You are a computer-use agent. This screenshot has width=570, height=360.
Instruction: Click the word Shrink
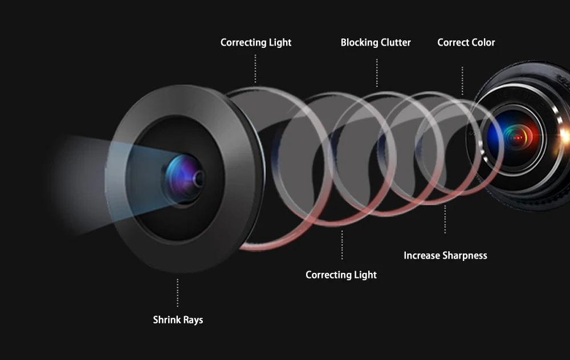[167, 320]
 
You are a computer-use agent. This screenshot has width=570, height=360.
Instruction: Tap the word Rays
[193, 320]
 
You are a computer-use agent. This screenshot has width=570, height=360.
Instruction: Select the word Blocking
[359, 43]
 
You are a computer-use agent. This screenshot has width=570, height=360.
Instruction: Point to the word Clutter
[395, 43]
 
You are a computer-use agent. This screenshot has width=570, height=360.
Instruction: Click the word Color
[483, 43]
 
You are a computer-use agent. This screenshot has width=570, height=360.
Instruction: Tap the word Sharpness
[466, 256]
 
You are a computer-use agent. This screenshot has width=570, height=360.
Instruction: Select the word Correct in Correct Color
[454, 43]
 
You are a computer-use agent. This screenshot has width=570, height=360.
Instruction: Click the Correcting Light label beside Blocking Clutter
[256, 43]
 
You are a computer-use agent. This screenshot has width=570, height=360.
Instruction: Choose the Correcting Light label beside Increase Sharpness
[341, 275]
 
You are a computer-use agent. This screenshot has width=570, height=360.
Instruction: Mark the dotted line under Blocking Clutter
[377, 72]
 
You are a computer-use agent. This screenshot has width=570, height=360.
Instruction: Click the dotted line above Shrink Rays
[178, 293]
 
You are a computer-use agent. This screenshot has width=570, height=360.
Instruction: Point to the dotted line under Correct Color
[462, 80]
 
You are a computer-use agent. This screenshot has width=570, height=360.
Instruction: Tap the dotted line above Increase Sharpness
[445, 219]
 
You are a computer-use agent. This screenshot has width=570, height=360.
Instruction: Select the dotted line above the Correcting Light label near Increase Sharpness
[342, 245]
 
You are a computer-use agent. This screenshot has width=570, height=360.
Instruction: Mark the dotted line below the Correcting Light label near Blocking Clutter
[255, 68]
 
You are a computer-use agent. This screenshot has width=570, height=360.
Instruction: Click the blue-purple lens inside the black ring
[184, 175]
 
